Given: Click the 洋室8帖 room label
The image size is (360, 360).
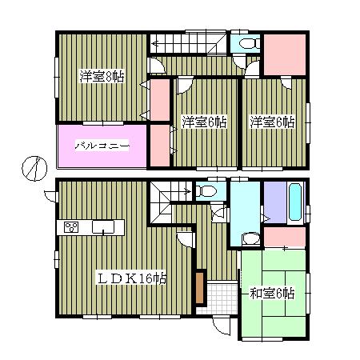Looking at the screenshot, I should pyautogui.click(x=101, y=77).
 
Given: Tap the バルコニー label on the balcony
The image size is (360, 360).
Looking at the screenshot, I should pyautogui.click(x=102, y=146).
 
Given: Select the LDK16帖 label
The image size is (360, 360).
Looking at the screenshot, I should pyautogui.click(x=132, y=278).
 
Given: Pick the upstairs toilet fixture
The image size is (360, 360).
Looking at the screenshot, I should pyautogui.click(x=245, y=45).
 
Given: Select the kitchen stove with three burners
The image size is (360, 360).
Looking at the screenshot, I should pyautogui.click(x=70, y=228).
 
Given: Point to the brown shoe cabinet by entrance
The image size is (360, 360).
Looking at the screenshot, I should pyautogui.click(x=200, y=286).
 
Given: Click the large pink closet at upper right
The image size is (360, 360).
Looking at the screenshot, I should pyautogui.click(x=284, y=53).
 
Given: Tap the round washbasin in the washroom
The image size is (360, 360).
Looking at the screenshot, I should pyautogui.click(x=250, y=238).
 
